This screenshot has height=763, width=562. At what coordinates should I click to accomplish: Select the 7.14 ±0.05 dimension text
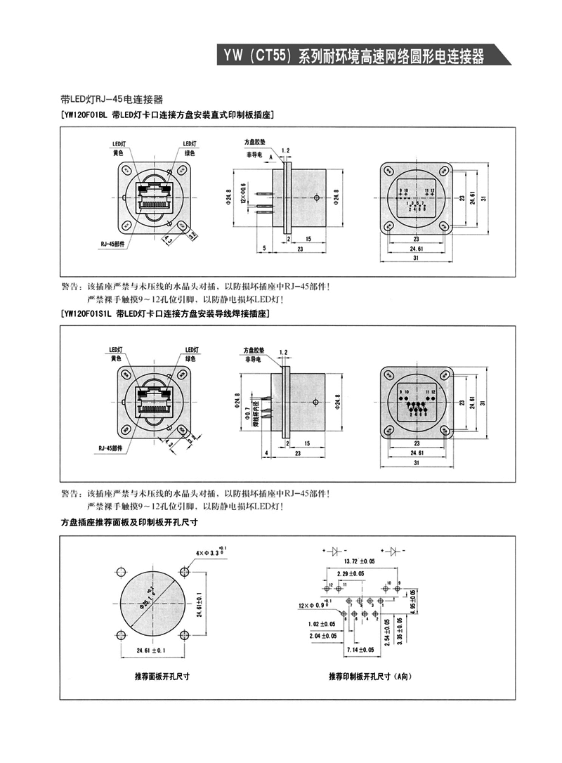pos(360,650)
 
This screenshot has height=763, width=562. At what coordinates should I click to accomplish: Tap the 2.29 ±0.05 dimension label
pos(350,574)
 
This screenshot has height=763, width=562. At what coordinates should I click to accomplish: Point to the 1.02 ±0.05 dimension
pos(322,624)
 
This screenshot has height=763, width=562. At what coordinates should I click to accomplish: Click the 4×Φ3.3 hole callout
pos(212,553)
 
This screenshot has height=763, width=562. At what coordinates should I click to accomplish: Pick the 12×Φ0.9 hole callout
pos(312,605)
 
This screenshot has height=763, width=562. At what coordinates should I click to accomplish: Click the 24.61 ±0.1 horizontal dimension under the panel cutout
pos(151,650)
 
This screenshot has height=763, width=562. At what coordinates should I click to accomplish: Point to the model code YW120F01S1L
pos(87,313)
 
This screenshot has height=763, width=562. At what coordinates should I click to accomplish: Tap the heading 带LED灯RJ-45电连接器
pos(112,100)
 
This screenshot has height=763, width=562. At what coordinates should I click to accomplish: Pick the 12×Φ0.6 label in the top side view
pos(242,192)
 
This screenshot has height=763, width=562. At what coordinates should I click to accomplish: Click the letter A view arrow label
pos(270,157)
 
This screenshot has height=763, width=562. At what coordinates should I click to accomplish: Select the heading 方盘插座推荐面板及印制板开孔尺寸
pos(130,522)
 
